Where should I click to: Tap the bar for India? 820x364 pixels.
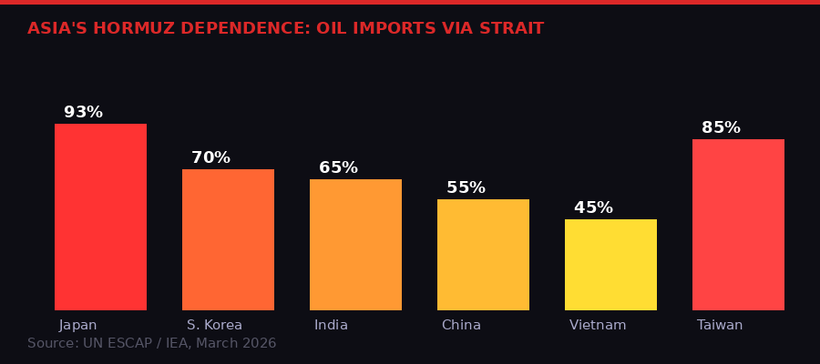pyautogui.click(x=355, y=245)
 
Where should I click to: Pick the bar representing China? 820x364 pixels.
pyautogui.click(x=483, y=255)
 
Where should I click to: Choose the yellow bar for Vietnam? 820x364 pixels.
pyautogui.click(x=610, y=265)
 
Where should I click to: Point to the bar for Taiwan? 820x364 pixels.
pyautogui.click(x=738, y=225)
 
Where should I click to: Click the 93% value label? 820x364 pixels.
pyautogui.click(x=83, y=113)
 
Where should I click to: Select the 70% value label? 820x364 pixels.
pyautogui.click(x=210, y=158)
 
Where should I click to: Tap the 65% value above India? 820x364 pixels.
pyautogui.click(x=338, y=168)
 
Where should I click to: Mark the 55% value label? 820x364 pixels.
pyautogui.click(x=466, y=188)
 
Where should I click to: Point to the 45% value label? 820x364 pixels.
pyautogui.click(x=593, y=208)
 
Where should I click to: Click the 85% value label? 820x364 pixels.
pyautogui.click(x=721, y=128)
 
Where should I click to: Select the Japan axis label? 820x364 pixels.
pyautogui.click(x=78, y=325)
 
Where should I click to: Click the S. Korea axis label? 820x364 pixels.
pyautogui.click(x=214, y=325)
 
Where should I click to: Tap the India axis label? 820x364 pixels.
pyautogui.click(x=331, y=325)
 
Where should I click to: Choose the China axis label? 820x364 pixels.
pyautogui.click(x=461, y=325)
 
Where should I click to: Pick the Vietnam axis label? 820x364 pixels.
pyautogui.click(x=598, y=325)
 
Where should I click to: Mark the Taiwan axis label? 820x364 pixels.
pyautogui.click(x=720, y=325)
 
